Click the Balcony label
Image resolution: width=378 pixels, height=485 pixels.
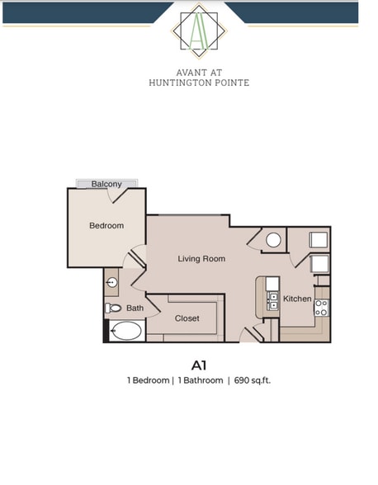106,184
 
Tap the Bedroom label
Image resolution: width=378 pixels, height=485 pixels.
106,225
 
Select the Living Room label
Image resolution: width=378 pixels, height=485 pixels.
201,258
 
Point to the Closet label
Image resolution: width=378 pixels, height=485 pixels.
187,318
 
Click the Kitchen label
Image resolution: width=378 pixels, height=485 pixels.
297,298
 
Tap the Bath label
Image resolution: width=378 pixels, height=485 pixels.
135,308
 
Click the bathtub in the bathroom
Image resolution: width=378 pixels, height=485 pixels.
125,332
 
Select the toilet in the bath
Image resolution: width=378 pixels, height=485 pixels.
113,308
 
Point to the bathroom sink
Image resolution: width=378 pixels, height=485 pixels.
112,283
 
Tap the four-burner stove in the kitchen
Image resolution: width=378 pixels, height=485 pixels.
321,308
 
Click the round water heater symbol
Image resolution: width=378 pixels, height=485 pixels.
273,240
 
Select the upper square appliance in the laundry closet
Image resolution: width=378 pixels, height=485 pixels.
319,239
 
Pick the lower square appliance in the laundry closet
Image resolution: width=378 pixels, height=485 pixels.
319,264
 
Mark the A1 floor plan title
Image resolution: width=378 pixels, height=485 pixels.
198,364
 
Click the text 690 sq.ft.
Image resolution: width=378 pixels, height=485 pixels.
253,380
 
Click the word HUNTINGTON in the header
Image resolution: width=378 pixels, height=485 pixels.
178,82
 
